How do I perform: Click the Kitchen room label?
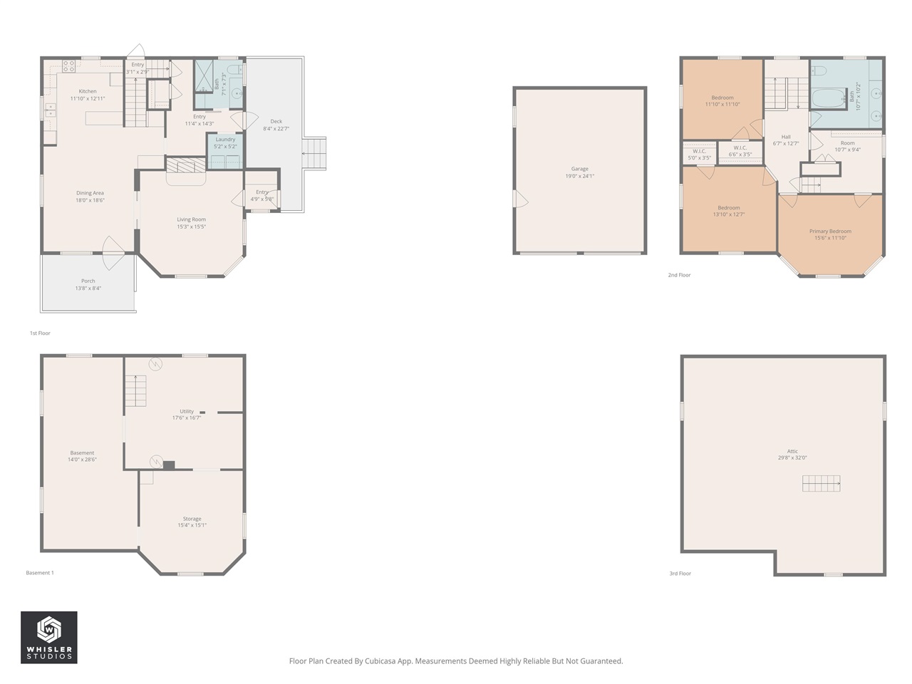point(88,91)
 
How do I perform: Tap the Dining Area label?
point(90,193)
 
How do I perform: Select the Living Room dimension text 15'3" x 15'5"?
point(192,227)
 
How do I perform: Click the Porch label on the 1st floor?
point(88,281)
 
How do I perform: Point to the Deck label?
point(276,122)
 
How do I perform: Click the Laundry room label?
point(225,140)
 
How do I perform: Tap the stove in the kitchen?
point(69,66)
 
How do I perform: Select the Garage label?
point(579,169)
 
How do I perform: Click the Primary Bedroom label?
point(830,232)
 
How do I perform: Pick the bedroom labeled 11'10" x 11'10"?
point(722,100)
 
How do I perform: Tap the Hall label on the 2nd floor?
point(786,137)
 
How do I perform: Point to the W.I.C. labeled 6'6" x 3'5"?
point(740,151)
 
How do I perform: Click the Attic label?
point(792,451)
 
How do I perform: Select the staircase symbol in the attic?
point(821,483)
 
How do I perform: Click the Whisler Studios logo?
point(49,637)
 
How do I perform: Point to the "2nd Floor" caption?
point(679,275)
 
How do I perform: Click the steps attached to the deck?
point(314,153)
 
